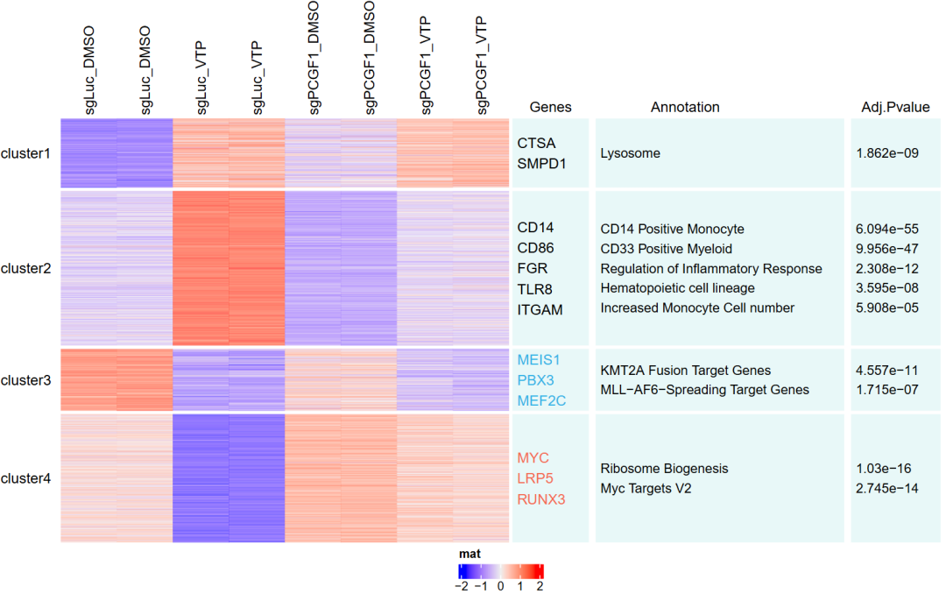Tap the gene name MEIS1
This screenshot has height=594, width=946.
click(538, 359)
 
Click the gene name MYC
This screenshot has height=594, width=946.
click(533, 458)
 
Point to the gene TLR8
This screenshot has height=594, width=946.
click(533, 289)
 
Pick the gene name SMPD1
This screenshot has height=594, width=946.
click(541, 163)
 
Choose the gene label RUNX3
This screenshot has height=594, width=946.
click(540, 499)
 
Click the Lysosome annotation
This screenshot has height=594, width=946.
click(631, 153)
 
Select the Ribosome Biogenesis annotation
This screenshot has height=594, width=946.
click(664, 469)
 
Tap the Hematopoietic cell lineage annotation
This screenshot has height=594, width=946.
click(677, 288)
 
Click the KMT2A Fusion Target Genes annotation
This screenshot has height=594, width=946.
click(685, 371)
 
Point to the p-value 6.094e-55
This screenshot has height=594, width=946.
click(886, 229)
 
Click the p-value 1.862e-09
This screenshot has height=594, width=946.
click(886, 153)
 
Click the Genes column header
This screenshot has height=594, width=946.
click(550, 107)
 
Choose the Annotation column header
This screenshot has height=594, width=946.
click(685, 107)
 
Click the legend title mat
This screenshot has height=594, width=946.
click(469, 554)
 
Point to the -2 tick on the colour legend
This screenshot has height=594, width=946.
click(461, 586)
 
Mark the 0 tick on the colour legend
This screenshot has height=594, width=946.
click(501, 586)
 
